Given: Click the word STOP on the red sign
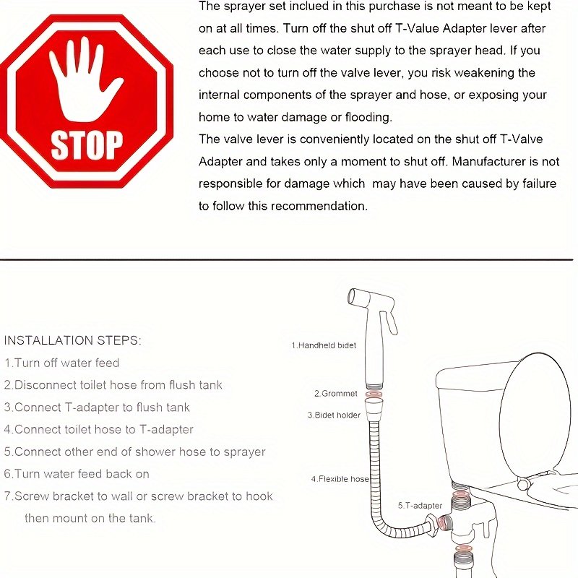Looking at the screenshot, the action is point(87,145).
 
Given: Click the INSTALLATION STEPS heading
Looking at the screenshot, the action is point(72,340).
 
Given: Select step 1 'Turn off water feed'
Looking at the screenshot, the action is point(61,363).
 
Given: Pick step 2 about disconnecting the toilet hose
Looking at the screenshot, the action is point(113,385).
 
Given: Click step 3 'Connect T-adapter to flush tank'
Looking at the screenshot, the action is point(97,407).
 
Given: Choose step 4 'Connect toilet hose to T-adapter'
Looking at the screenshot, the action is point(98,429).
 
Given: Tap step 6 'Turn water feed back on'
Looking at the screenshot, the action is point(77,474).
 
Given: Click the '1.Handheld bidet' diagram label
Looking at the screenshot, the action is point(324,345).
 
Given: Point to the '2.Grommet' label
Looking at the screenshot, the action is point(336,394).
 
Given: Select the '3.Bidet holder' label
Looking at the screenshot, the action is point(334,415).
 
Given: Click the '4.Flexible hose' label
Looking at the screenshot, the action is point(340,479).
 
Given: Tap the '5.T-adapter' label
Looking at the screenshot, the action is point(420,505).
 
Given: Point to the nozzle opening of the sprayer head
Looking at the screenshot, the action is point(352,296).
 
